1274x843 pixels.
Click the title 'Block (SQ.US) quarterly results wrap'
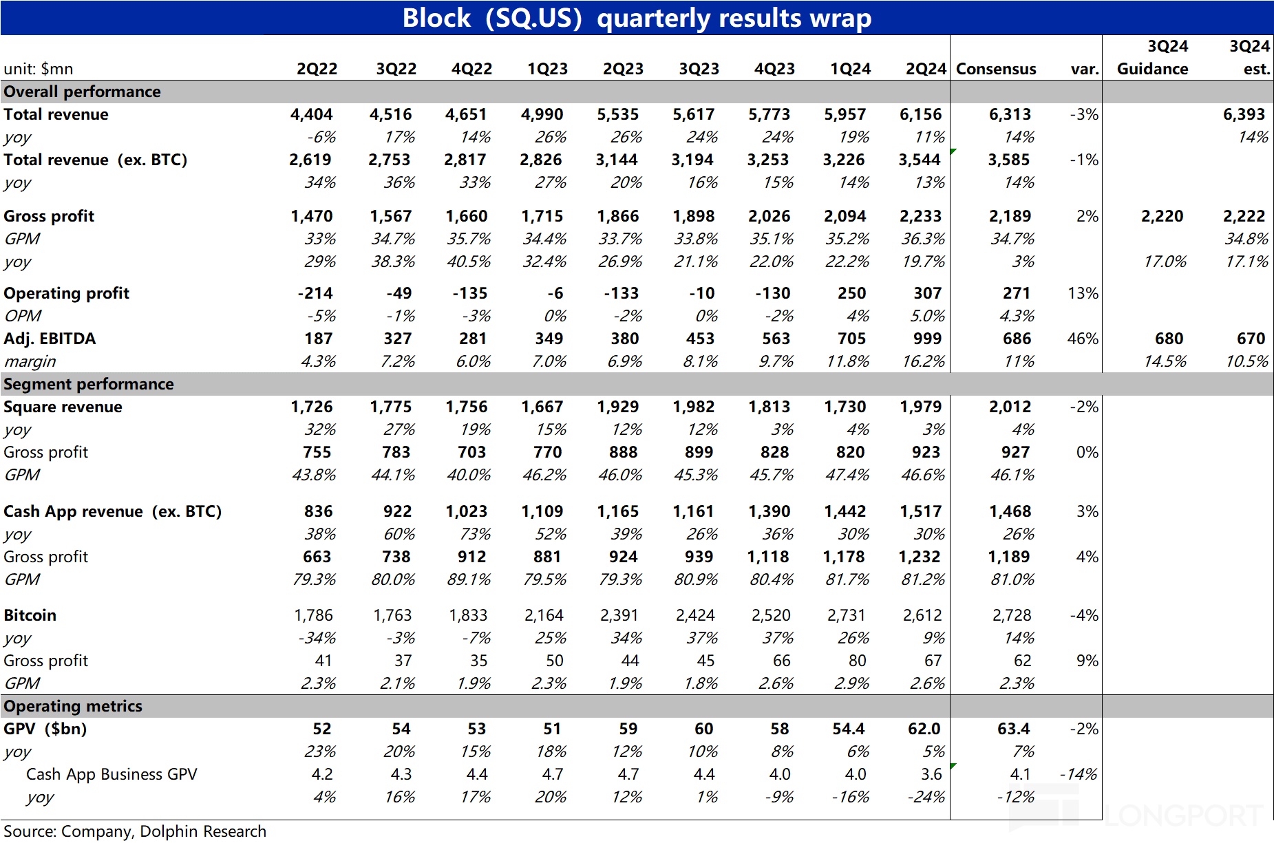637,18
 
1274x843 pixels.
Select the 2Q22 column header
317,69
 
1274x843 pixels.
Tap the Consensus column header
996,69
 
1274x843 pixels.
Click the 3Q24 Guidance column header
1153,58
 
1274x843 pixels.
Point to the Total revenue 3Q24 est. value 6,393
1244,114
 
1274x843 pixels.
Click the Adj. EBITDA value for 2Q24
927,339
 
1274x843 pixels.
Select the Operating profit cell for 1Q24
851,293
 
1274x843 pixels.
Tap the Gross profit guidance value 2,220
1162,216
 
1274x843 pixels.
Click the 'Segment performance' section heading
89,384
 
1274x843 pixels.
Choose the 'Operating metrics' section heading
73,706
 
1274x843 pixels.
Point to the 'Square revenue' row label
63,407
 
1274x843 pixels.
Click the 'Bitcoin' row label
30,615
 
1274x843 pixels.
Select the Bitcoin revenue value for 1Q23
544,615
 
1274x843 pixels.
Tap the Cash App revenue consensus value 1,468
1010,511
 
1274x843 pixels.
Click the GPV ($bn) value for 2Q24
924,729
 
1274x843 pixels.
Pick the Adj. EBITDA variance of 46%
1083,339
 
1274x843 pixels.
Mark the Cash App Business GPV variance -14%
1079,774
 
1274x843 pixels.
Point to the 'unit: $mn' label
39,69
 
